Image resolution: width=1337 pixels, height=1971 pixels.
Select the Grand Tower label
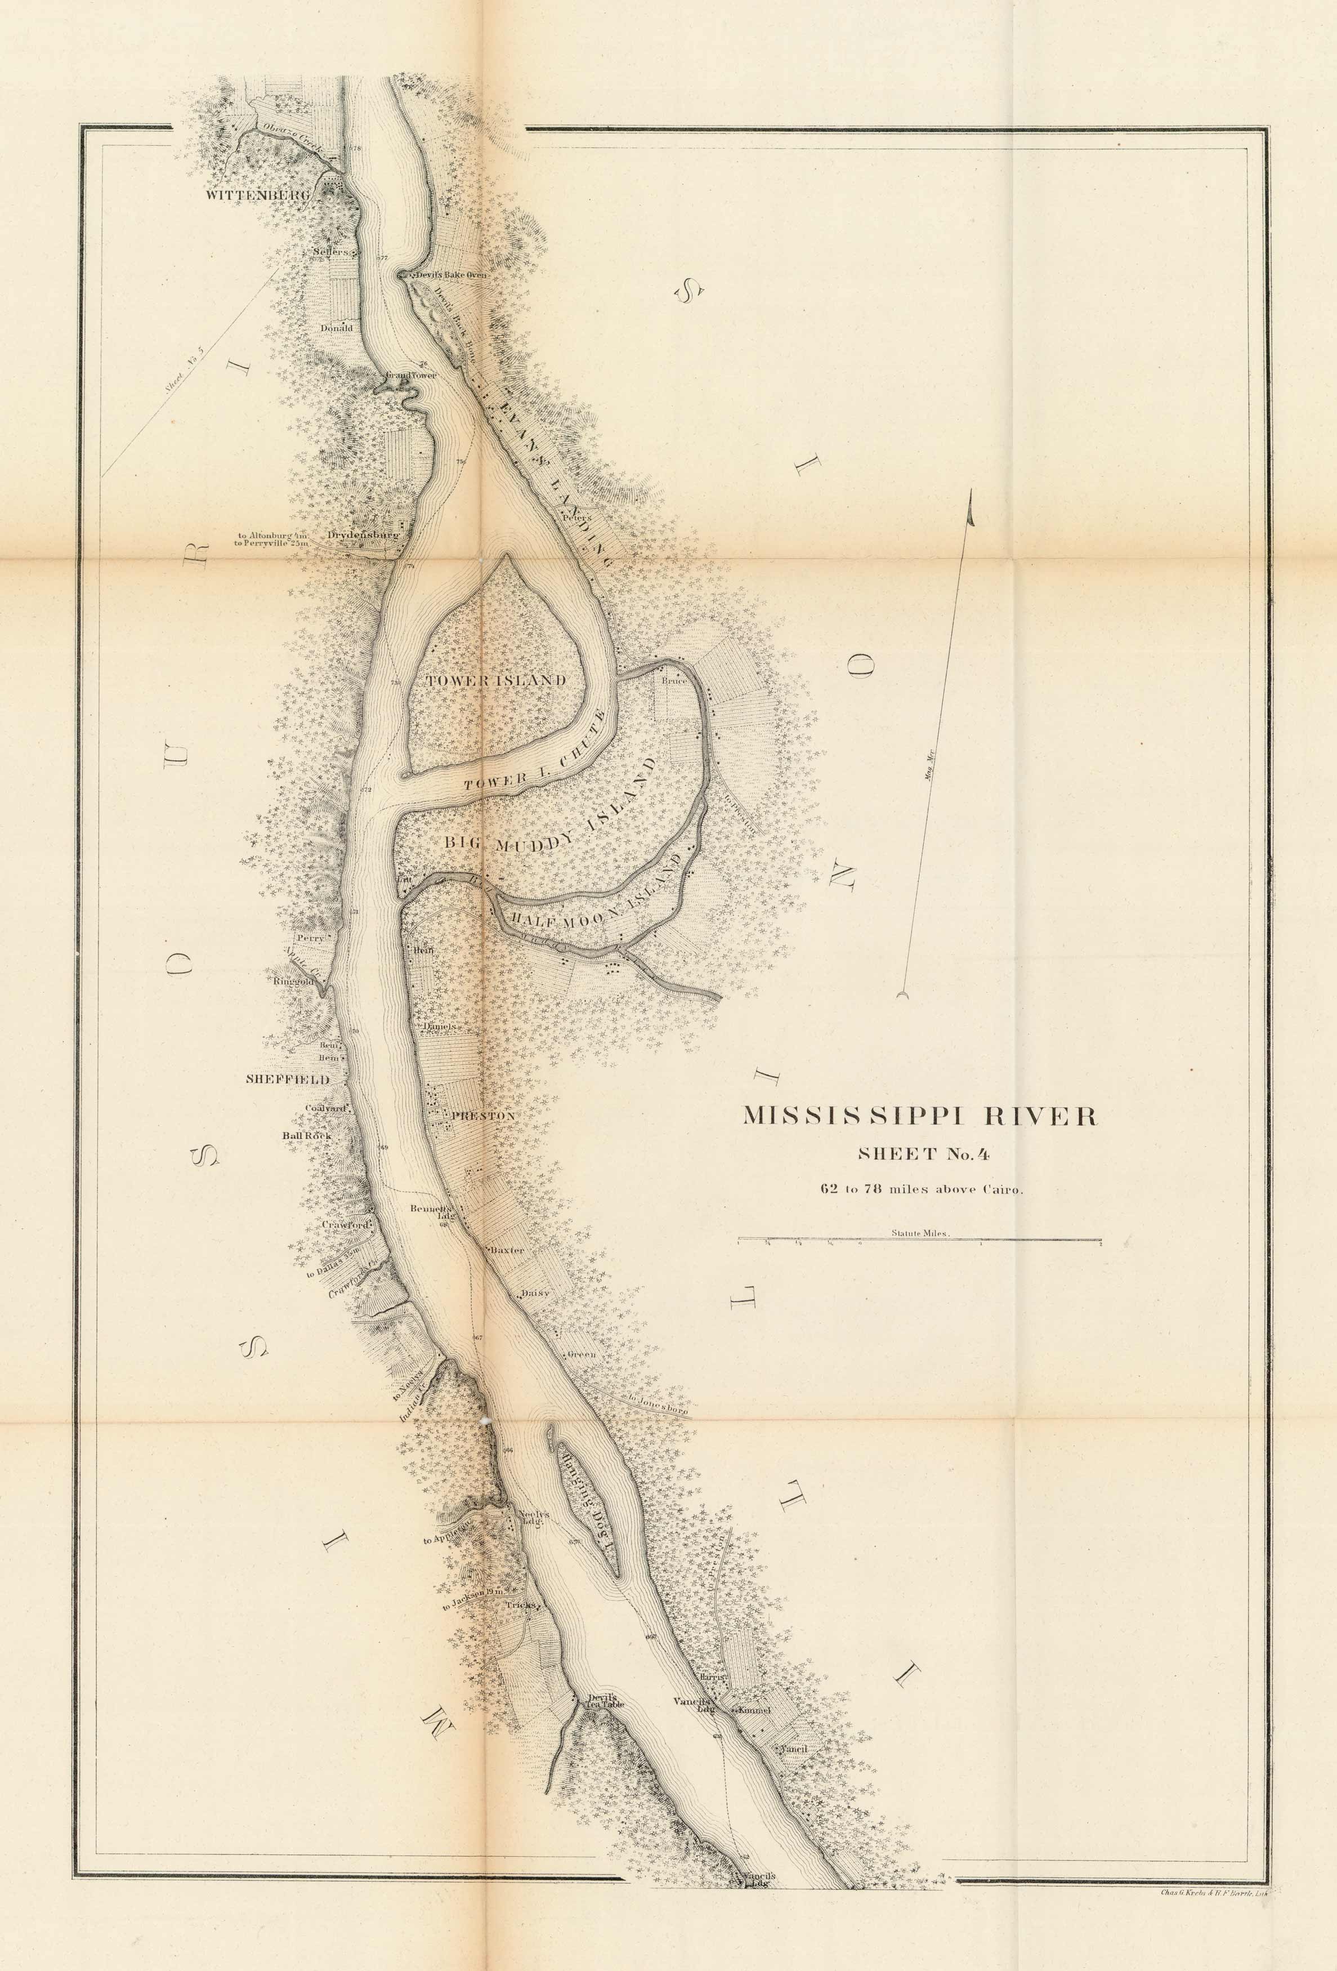pos(410,374)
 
